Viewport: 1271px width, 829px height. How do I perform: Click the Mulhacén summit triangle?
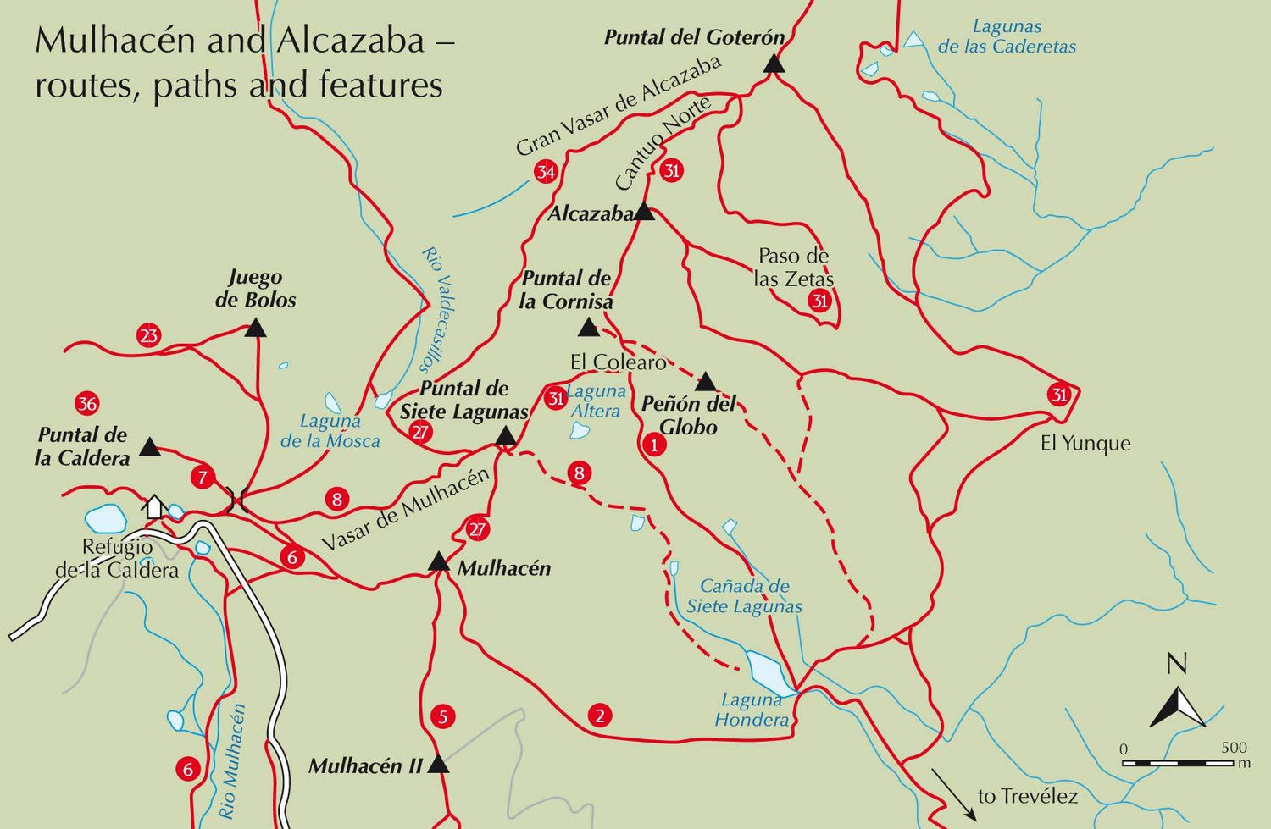[438, 562]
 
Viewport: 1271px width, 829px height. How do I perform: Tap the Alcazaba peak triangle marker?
[644, 212]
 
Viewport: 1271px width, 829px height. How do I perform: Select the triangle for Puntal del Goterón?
[773, 64]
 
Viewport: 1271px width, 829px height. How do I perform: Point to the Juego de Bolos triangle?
[255, 329]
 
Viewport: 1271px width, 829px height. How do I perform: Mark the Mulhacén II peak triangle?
[437, 765]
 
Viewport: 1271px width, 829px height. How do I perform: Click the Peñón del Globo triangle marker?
[705, 382]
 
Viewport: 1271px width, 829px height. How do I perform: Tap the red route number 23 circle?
[149, 335]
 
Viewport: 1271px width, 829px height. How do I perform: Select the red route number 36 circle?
[87, 403]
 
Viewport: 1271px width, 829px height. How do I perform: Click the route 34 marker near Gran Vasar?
[545, 173]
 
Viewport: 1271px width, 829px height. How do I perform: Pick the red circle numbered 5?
[442, 717]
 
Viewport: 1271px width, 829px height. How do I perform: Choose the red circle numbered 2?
[600, 716]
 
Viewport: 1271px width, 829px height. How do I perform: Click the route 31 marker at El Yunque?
[1059, 395]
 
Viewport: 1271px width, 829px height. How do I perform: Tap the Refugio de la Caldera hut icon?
[154, 506]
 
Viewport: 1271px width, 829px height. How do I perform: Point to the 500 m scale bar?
[1178, 763]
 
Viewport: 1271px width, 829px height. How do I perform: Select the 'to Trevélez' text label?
[1027, 796]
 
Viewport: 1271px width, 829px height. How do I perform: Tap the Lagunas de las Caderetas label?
[1007, 37]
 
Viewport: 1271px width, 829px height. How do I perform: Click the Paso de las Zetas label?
[793, 267]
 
